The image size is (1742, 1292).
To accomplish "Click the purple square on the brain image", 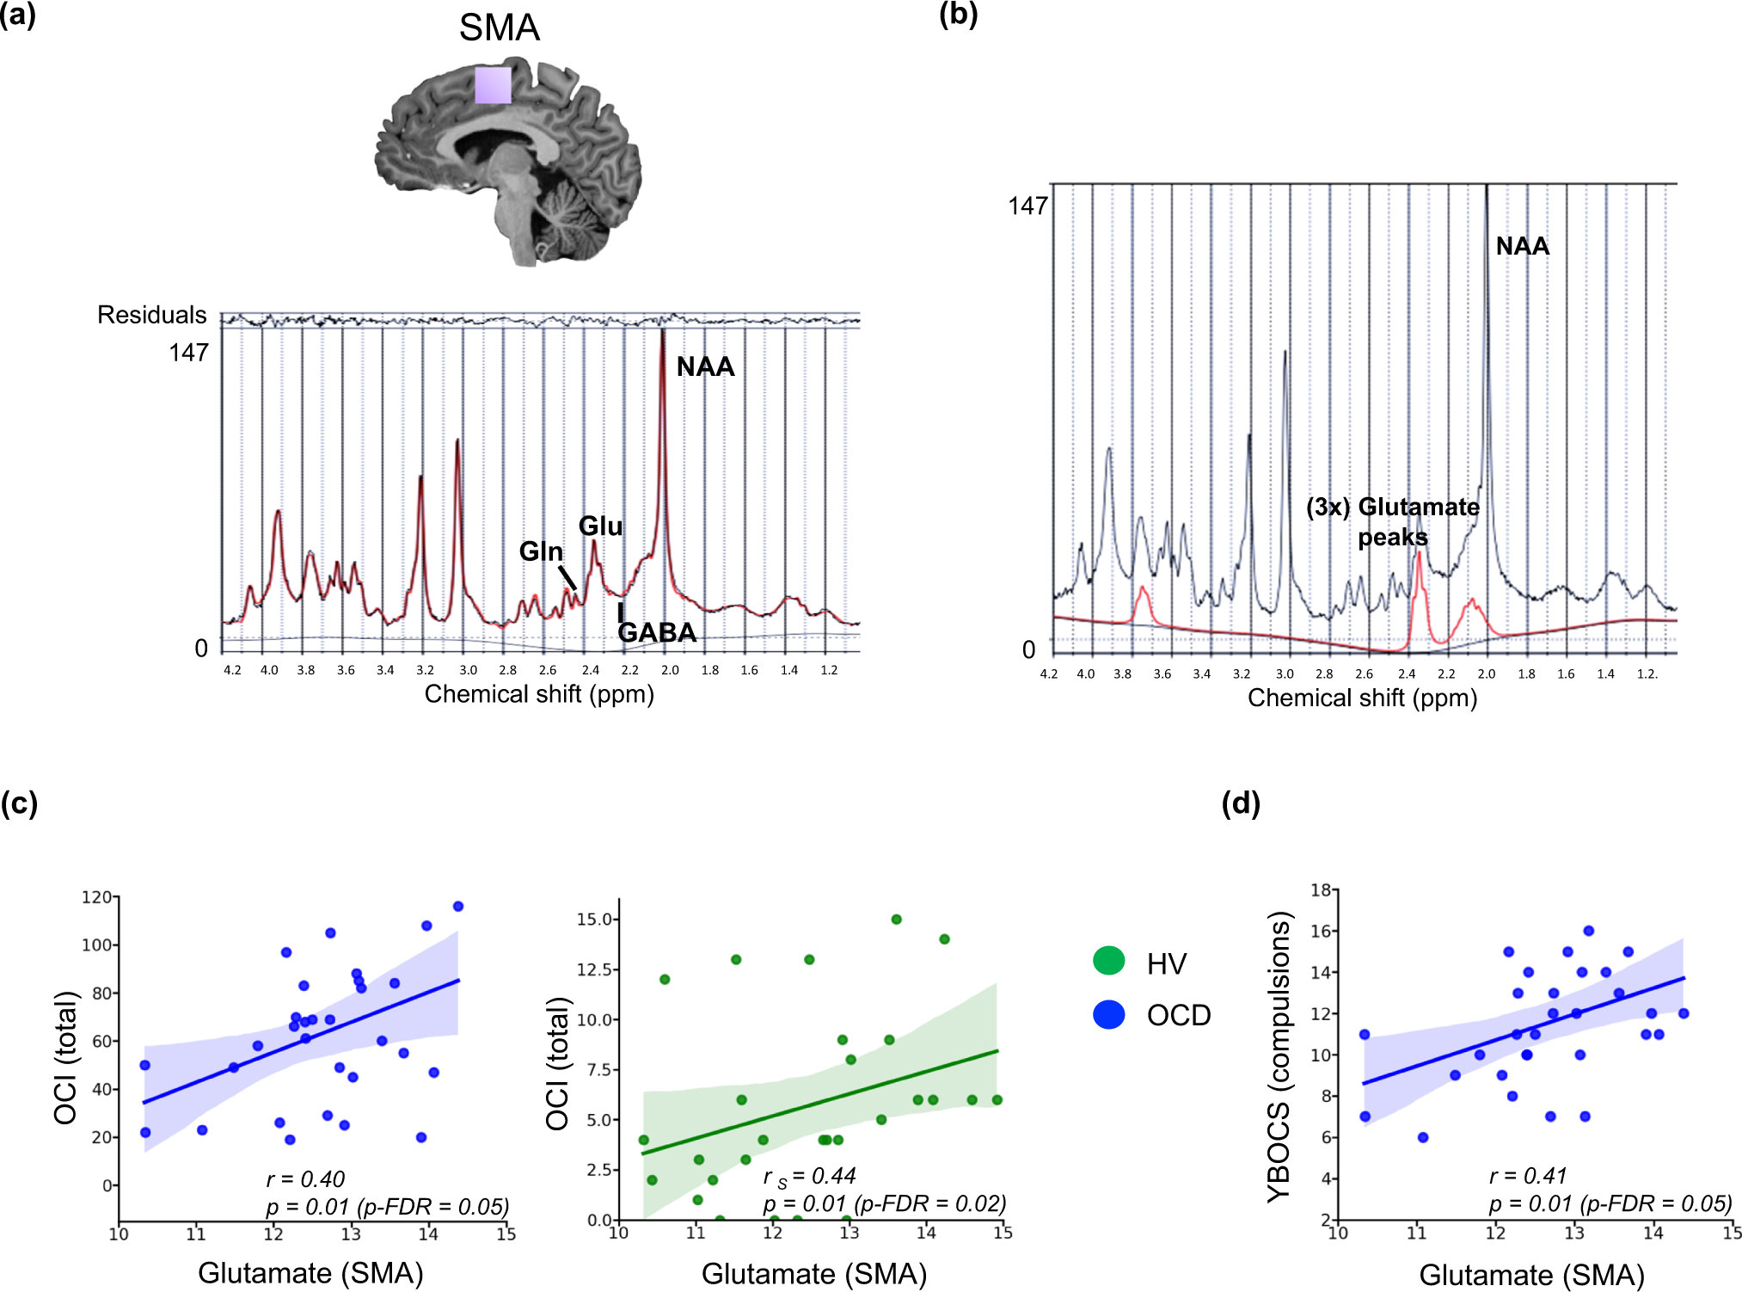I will tap(493, 85).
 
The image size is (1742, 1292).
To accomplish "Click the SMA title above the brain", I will tap(499, 28).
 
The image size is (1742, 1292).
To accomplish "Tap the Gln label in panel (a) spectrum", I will tap(541, 551).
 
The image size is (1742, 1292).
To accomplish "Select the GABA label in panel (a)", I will tap(657, 632).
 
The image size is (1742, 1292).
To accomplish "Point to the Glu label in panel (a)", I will tap(600, 526).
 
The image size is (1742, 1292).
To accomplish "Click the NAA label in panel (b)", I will tap(1522, 246).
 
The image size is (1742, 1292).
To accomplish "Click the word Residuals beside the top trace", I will tap(151, 315).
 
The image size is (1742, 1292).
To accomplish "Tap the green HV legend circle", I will tap(1108, 961).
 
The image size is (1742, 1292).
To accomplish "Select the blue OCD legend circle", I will tap(1108, 1014).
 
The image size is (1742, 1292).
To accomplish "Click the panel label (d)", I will tap(1240, 803).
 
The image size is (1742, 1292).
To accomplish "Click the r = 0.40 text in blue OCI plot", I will tap(305, 1178).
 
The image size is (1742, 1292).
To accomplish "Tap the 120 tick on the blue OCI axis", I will tap(96, 897).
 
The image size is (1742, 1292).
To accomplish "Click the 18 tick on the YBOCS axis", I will tap(1321, 890).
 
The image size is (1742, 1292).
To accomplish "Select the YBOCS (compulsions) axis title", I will tap(1279, 1055).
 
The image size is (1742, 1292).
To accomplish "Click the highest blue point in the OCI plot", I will tap(458, 907).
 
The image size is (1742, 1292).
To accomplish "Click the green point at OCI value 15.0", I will tap(896, 920).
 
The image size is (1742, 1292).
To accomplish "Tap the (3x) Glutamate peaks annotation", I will tap(1393, 521).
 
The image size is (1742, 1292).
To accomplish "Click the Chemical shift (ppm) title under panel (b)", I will tap(1362, 698).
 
